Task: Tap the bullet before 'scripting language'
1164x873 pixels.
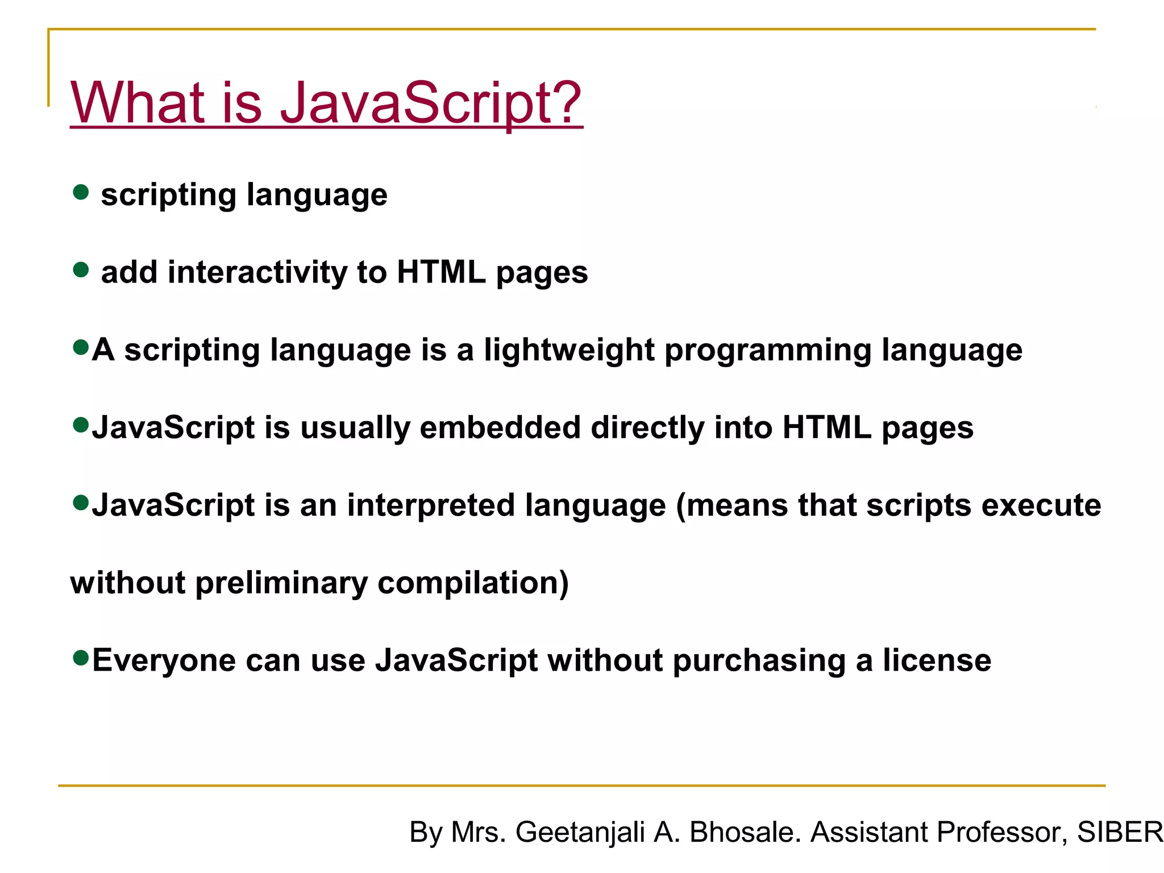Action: pyautogui.click(x=81, y=192)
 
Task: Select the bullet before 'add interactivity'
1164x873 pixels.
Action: pyautogui.click(x=81, y=269)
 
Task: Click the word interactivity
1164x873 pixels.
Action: pyautogui.click(x=257, y=272)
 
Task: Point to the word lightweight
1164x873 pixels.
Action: pyautogui.click(x=569, y=350)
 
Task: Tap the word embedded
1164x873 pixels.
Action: pyautogui.click(x=500, y=427)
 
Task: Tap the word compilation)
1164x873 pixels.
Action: pyautogui.click(x=473, y=584)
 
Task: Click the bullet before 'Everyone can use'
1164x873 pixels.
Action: pyautogui.click(x=81, y=658)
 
